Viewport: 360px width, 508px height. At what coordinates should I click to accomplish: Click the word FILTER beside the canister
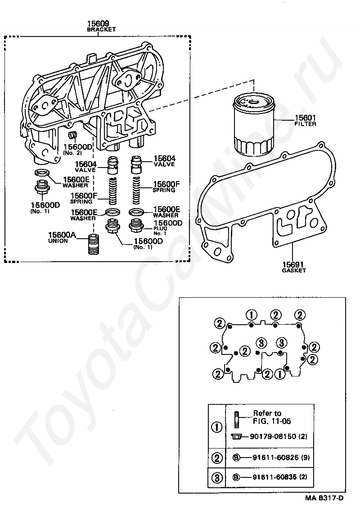[305, 123]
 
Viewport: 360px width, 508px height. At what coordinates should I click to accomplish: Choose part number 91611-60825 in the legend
[274, 458]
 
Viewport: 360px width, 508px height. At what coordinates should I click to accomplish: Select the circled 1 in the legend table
[217, 426]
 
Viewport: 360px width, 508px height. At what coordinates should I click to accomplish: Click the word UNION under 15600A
[58, 241]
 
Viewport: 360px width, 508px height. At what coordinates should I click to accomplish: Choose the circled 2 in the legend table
[217, 458]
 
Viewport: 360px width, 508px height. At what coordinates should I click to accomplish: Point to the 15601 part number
[305, 118]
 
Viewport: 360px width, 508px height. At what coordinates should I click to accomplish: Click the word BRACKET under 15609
[101, 29]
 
